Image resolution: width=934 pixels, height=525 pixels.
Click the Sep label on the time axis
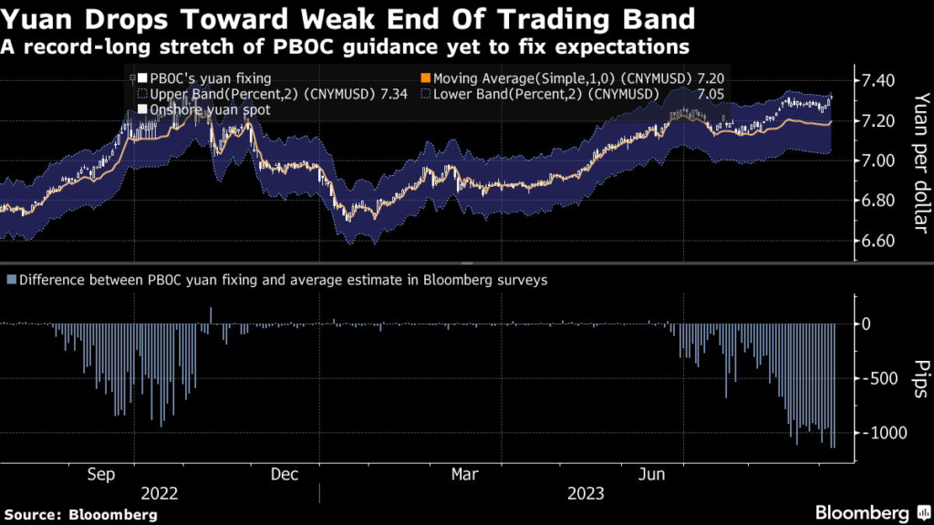101,475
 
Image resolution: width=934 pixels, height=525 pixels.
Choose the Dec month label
285,475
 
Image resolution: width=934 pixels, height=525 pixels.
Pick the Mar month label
465,475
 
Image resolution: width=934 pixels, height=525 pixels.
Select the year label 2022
161,493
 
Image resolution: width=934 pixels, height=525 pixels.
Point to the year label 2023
586,493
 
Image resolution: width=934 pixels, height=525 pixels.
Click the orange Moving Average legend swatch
425,78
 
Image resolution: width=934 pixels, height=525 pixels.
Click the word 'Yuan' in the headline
41,17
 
